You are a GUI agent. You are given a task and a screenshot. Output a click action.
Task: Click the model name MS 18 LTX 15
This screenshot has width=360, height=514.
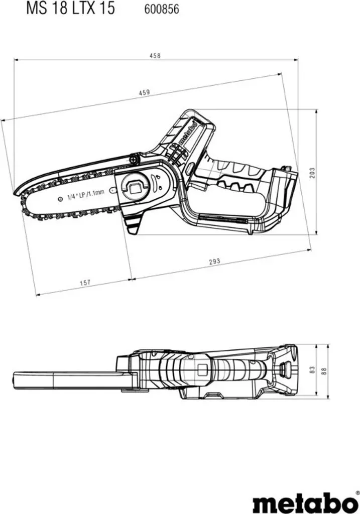click(x=70, y=8)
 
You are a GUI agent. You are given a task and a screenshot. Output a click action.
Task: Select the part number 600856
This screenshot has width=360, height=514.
click(x=162, y=9)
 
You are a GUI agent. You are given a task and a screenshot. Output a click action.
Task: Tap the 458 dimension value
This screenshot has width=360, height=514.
click(x=155, y=56)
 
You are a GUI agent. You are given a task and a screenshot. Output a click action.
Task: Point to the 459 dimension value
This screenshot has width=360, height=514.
click(x=144, y=92)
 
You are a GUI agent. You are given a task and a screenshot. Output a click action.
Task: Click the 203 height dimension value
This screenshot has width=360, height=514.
click(x=312, y=173)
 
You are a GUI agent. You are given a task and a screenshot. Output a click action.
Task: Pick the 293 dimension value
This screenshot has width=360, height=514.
click(x=215, y=262)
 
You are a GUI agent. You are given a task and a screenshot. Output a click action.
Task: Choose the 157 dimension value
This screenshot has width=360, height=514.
click(x=85, y=282)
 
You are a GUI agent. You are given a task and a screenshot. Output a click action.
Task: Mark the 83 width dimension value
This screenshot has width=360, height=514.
click(x=312, y=370)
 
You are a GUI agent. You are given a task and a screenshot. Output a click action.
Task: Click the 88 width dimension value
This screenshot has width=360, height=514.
click(x=324, y=371)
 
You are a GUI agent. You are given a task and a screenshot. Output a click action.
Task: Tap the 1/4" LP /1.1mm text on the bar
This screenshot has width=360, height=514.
click(x=85, y=194)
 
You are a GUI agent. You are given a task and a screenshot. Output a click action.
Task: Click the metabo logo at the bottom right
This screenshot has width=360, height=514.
click(x=305, y=502)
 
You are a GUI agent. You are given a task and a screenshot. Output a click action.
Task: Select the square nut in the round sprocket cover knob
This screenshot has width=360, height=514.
click(x=135, y=189)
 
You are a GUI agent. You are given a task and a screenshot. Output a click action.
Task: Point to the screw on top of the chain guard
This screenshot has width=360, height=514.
click(x=134, y=159)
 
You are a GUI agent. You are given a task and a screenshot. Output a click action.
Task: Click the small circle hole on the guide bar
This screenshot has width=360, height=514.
click(x=60, y=199)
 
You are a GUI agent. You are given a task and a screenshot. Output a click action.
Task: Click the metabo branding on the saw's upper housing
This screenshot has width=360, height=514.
click(x=187, y=133)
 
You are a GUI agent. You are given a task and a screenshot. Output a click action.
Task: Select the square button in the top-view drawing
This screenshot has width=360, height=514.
click(x=202, y=370)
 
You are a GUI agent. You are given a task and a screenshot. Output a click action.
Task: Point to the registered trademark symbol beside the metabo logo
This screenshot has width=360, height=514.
click(x=357, y=492)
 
